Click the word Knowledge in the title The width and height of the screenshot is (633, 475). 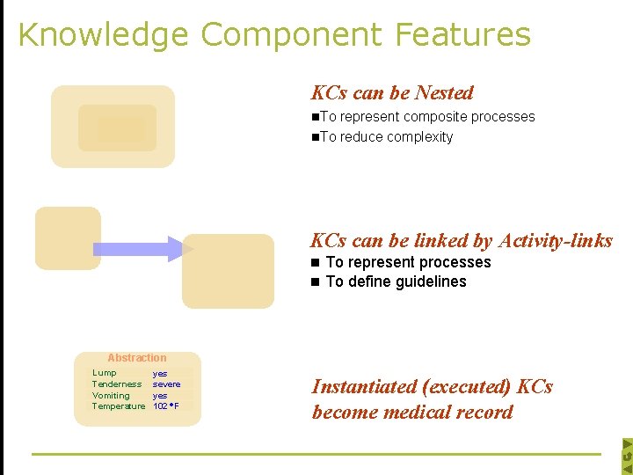[102, 35]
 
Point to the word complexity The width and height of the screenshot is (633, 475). [420, 137]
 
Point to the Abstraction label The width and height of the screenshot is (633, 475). [136, 358]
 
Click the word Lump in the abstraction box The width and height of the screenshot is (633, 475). [105, 373]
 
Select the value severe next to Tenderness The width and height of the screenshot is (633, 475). [167, 384]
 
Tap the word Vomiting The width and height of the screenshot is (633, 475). [111, 395]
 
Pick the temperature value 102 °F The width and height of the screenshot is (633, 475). [166, 406]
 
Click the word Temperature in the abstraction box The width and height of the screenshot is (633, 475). [118, 406]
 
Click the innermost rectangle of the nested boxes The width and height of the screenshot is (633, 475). [116, 129]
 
